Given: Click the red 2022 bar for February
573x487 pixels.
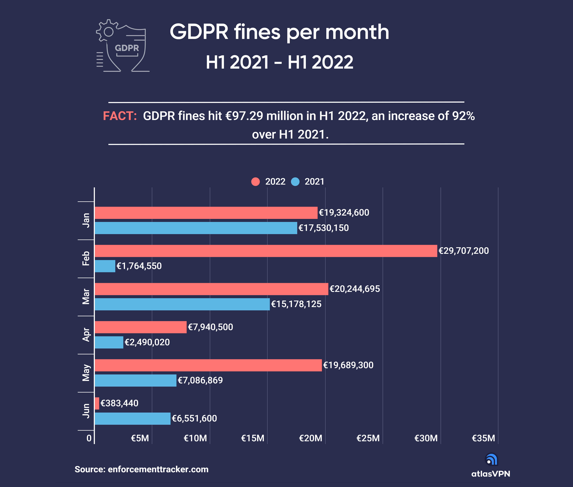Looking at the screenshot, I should point(266,251).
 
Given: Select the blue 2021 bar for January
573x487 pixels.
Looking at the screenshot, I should point(196,228).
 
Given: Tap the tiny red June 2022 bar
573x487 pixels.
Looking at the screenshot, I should point(97,403).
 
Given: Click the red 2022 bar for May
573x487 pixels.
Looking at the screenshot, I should point(208,365).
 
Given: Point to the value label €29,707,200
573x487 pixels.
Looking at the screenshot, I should point(463,251).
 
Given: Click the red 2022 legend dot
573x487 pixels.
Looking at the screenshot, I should point(256,182).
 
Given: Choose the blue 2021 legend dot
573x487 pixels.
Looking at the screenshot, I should point(295,182).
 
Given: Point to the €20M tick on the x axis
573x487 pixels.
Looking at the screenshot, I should point(311,438).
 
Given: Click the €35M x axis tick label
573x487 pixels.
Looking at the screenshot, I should point(483,438).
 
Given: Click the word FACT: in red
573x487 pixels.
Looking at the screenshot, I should point(120,116).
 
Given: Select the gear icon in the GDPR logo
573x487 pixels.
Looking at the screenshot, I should point(108,31).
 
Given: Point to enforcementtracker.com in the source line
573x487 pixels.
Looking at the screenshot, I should point(158,469).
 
